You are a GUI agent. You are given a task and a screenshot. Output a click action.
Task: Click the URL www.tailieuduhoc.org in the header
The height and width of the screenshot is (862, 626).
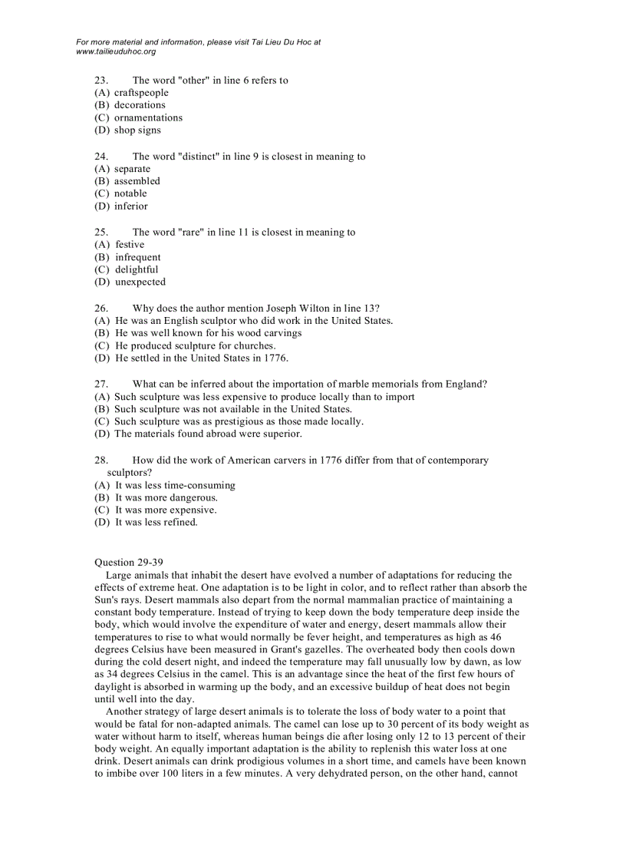(116, 51)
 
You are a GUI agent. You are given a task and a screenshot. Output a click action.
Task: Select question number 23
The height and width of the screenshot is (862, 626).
(100, 80)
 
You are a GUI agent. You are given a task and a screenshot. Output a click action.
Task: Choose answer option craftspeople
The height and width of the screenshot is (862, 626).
(141, 93)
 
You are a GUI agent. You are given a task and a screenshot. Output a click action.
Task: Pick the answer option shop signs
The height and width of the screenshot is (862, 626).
(137, 130)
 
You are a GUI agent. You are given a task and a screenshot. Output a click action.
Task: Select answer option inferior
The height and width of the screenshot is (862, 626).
(131, 206)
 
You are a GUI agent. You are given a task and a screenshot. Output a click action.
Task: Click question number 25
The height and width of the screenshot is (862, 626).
(100, 233)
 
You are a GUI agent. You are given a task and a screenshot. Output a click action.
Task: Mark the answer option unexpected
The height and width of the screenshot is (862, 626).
(140, 282)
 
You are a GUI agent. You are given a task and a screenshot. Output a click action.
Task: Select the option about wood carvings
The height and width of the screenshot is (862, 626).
(208, 333)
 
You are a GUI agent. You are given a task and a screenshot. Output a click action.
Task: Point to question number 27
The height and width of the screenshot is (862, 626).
(100, 384)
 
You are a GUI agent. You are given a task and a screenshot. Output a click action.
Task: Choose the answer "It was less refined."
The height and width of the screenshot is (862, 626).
(156, 523)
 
